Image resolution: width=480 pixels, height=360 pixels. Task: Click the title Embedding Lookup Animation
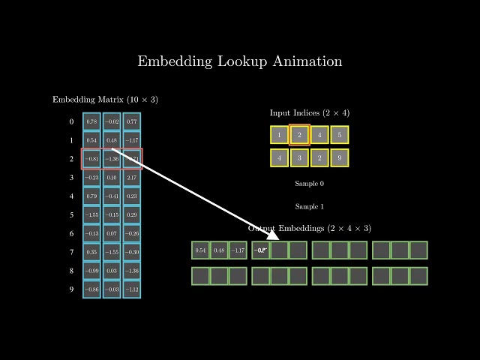coord(240,61)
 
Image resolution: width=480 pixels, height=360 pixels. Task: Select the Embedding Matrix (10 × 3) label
coord(105,100)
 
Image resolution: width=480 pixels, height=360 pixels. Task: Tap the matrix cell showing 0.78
coord(91,121)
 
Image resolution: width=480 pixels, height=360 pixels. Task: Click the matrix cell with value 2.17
coord(131,178)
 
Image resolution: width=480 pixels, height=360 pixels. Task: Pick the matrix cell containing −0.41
coord(112,196)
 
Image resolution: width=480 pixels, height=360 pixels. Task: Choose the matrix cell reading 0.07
coord(112,233)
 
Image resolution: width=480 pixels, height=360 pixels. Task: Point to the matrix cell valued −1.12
coord(131,289)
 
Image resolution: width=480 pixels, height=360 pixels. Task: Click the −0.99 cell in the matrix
coord(91,270)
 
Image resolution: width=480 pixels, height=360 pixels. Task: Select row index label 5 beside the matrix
coord(71,215)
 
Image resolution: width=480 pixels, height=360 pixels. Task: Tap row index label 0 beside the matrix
coord(71,121)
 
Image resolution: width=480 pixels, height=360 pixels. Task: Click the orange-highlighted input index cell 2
coord(299,135)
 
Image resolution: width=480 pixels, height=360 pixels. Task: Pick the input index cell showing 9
coord(340,158)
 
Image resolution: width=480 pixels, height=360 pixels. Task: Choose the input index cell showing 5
coord(340,135)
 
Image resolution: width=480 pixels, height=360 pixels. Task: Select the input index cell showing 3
coord(299,158)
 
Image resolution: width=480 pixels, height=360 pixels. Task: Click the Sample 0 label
coord(310,184)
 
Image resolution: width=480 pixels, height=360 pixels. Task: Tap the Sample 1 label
coord(310,206)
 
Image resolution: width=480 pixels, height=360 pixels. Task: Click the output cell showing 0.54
coord(200,250)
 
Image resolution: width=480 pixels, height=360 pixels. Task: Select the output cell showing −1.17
coord(238,250)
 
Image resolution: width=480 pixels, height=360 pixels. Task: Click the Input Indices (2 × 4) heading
coord(310,112)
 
